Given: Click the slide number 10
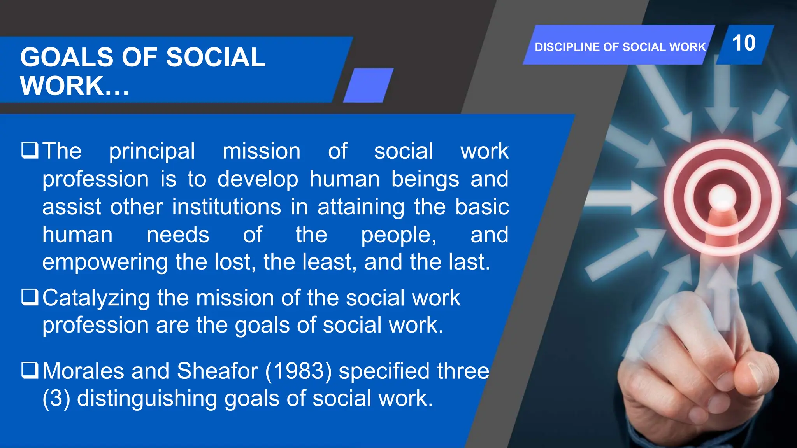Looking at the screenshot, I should pyautogui.click(x=744, y=43).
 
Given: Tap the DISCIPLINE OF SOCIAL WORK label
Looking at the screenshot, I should pyautogui.click(x=620, y=47).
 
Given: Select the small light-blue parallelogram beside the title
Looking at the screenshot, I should pyautogui.click(x=368, y=86).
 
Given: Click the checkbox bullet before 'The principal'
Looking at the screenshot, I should pyautogui.click(x=30, y=150).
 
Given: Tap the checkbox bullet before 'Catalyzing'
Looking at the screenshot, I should pyautogui.click(x=30, y=297).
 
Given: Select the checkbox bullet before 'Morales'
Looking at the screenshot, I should pyautogui.click(x=30, y=370).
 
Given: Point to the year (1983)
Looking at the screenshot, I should pyautogui.click(x=298, y=371).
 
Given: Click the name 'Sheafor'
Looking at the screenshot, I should pyautogui.click(x=217, y=371).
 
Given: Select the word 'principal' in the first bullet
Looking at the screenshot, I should pyautogui.click(x=152, y=152).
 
